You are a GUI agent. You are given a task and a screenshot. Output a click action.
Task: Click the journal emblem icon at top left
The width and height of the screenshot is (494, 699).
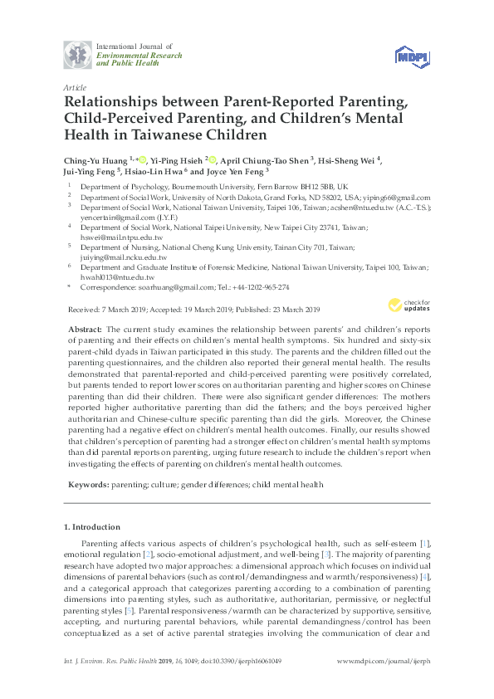79,55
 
